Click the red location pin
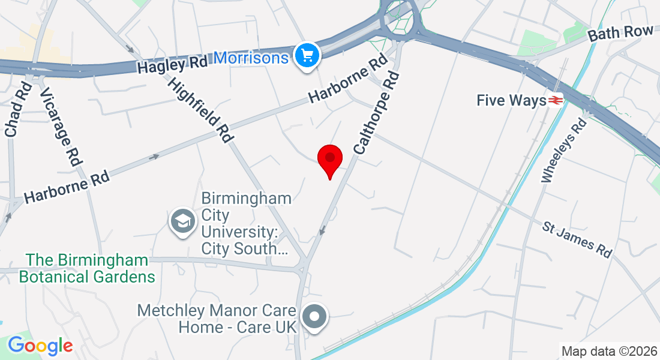pyautogui.click(x=329, y=160)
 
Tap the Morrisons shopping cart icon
pyautogui.click(x=308, y=56)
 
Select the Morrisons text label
pyautogui.click(x=251, y=58)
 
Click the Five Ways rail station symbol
pyautogui.click(x=555, y=100)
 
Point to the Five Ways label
pyautogui.click(x=511, y=100)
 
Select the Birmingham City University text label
pyautogui.click(x=247, y=223)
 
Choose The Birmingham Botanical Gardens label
pyautogui.click(x=87, y=268)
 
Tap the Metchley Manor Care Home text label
pyautogui.click(x=217, y=319)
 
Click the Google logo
pyautogui.click(x=40, y=346)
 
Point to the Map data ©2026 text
pyautogui.click(x=608, y=350)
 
